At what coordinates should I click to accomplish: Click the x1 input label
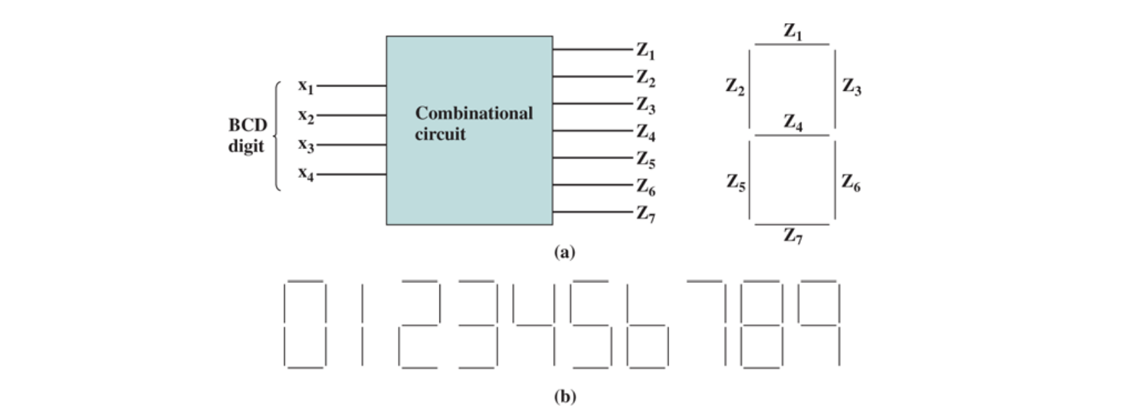305,86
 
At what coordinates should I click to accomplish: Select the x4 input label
305,174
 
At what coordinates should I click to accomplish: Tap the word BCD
247,125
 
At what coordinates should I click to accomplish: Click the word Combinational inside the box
473,113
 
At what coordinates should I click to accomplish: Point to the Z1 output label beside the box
645,50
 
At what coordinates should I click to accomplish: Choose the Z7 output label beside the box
645,213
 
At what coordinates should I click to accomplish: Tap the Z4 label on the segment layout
793,122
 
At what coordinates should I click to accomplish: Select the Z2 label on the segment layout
735,87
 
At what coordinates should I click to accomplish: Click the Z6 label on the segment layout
850,182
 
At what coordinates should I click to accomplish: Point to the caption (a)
564,252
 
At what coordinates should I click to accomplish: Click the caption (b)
564,396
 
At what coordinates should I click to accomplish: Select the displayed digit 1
363,324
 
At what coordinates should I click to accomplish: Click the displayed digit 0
305,324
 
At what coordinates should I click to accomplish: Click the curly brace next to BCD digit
276,136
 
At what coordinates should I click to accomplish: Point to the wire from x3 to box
351,144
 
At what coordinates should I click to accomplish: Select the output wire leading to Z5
592,158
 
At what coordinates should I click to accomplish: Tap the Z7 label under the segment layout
793,236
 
